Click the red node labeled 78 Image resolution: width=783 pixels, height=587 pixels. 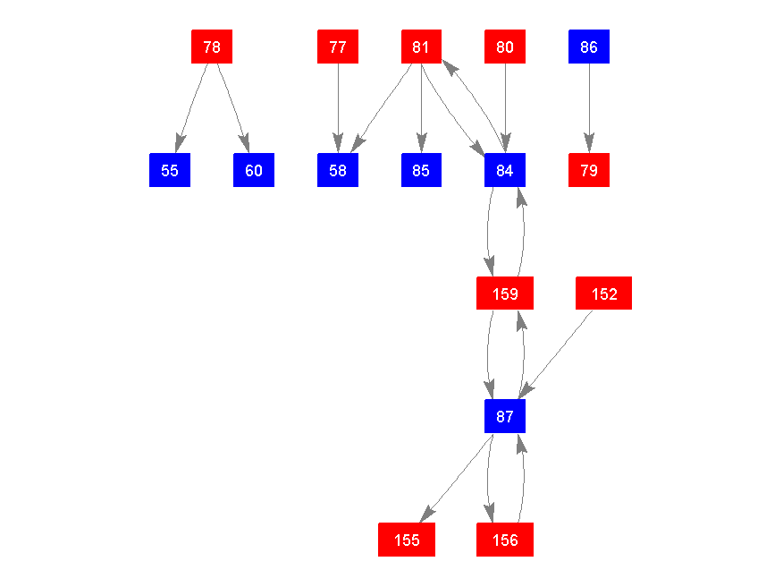pos(212,47)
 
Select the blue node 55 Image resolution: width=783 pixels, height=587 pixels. pos(170,170)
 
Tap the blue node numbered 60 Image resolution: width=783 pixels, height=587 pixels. pos(254,170)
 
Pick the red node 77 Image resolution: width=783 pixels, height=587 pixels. pos(338,47)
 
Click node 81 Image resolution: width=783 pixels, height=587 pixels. pos(421,47)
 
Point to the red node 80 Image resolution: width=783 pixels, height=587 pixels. pos(505,47)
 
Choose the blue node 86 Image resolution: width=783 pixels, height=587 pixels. pos(589,47)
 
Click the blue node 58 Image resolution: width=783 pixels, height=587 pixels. pos(338,170)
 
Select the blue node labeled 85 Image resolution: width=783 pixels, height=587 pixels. pos(421,170)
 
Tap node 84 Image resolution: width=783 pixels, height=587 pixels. pos(505,170)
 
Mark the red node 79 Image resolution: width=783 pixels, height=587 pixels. pos(589,170)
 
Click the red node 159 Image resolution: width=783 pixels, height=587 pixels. pos(505,293)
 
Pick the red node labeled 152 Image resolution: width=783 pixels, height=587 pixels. pos(604,293)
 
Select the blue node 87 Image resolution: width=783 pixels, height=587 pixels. pos(505,416)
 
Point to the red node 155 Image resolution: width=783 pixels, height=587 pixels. pos(407,540)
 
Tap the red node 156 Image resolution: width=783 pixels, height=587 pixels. pos(505,540)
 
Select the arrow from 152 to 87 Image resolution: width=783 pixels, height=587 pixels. pos(558,352)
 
